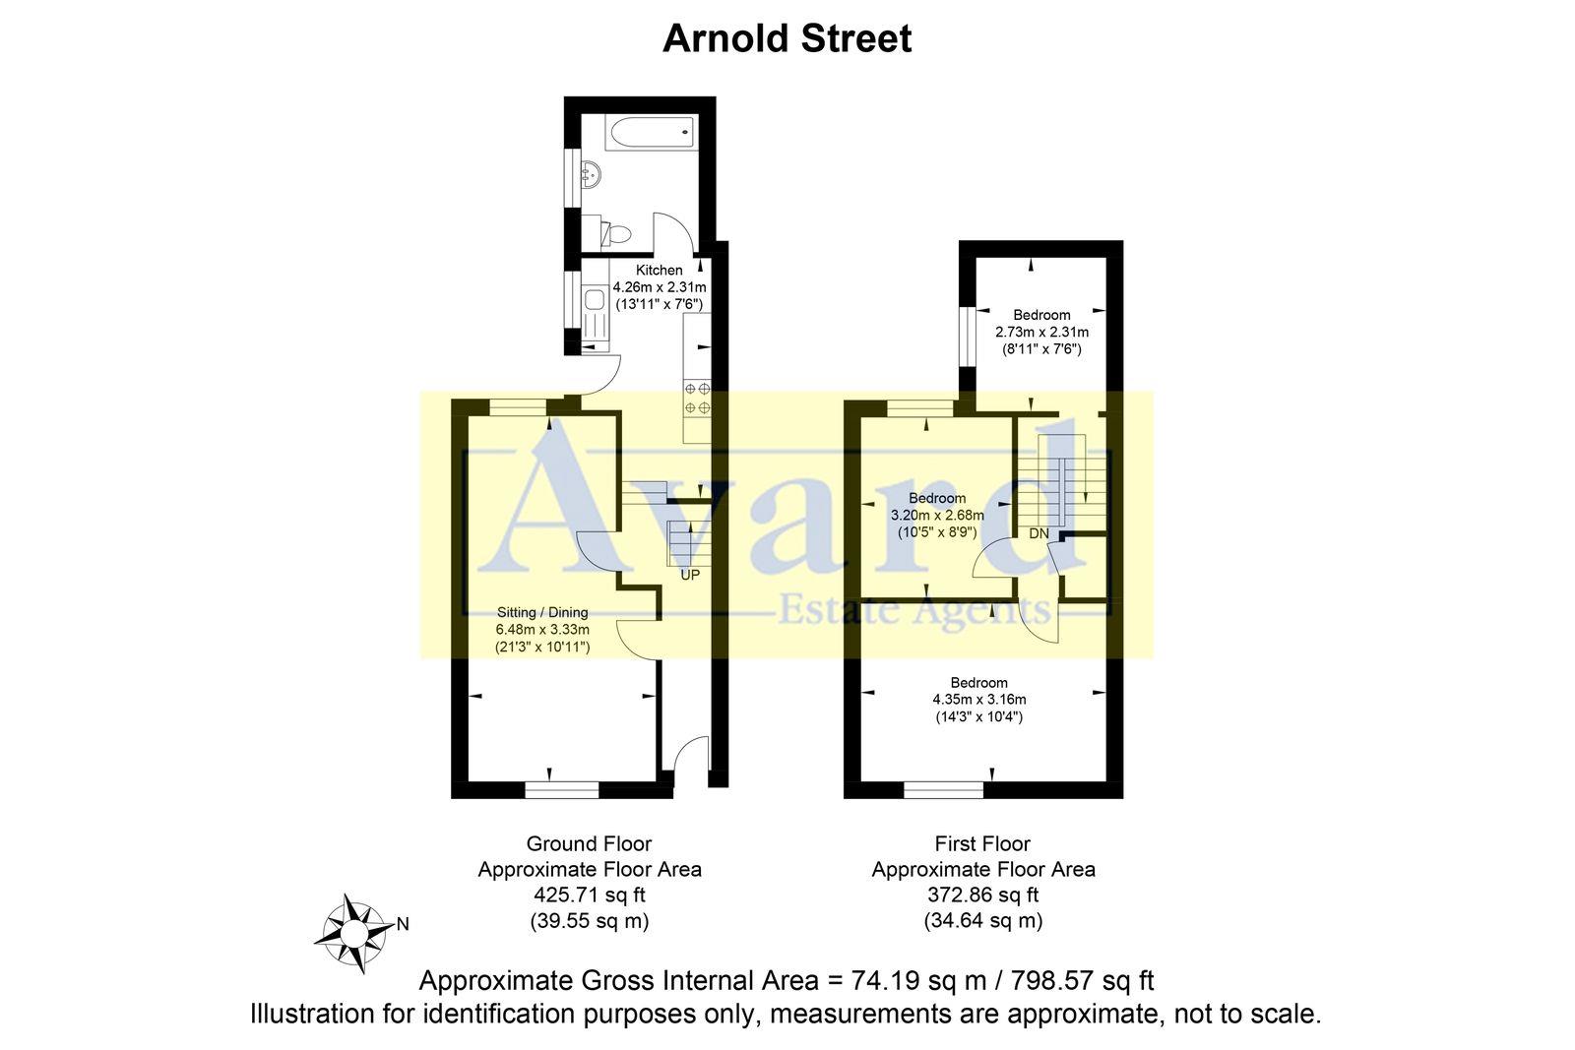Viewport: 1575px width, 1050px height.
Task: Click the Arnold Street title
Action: (787, 39)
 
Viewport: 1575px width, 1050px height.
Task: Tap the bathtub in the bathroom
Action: (639, 132)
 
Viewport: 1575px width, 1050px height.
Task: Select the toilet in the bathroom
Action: (615, 234)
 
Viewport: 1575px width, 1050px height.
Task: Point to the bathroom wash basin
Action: (590, 176)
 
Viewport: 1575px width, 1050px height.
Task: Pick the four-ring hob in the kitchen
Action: (697, 398)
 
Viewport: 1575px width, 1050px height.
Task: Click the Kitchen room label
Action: (659, 271)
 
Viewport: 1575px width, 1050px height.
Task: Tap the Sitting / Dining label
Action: (541, 612)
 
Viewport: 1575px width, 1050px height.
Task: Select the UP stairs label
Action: (690, 575)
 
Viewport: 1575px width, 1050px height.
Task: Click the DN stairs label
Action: (1039, 534)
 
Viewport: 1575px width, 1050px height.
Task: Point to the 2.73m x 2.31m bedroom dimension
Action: (1041, 333)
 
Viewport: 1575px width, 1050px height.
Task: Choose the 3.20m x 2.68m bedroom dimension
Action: (937, 515)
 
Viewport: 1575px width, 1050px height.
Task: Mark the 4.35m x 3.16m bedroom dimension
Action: (978, 700)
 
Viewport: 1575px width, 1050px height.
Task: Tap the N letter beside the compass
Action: (403, 924)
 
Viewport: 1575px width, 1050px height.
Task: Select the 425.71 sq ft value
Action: (589, 896)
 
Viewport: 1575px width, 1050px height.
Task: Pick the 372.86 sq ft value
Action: (982, 896)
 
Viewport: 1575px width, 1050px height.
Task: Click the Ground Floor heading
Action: (589, 843)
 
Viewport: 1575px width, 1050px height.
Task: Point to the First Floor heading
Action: (982, 843)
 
